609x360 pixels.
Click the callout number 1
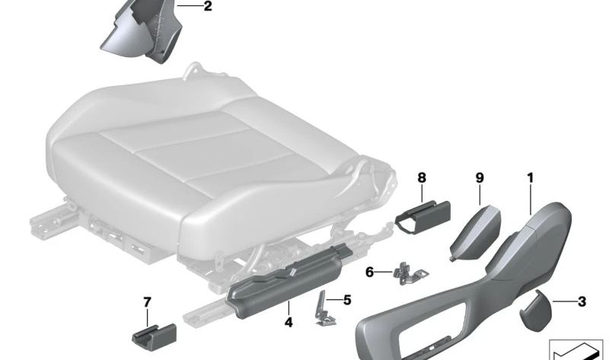tap(530, 178)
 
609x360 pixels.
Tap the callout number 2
tap(208, 6)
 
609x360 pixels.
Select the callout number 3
tap(582, 301)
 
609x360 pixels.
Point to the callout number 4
tap(289, 323)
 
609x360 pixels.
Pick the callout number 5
tap(347, 300)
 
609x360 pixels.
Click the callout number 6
tap(369, 272)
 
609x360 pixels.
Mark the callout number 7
tap(147, 301)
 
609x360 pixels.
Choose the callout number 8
tap(422, 178)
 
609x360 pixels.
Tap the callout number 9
tap(480, 178)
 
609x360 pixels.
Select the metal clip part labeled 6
tap(410, 273)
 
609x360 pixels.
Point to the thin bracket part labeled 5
tap(325, 310)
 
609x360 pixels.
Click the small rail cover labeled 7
tap(155, 337)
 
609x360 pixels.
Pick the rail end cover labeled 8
tap(422, 217)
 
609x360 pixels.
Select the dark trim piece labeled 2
tap(142, 31)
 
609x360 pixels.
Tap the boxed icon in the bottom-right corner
tap(579, 349)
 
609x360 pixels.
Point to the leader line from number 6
tap(384, 272)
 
